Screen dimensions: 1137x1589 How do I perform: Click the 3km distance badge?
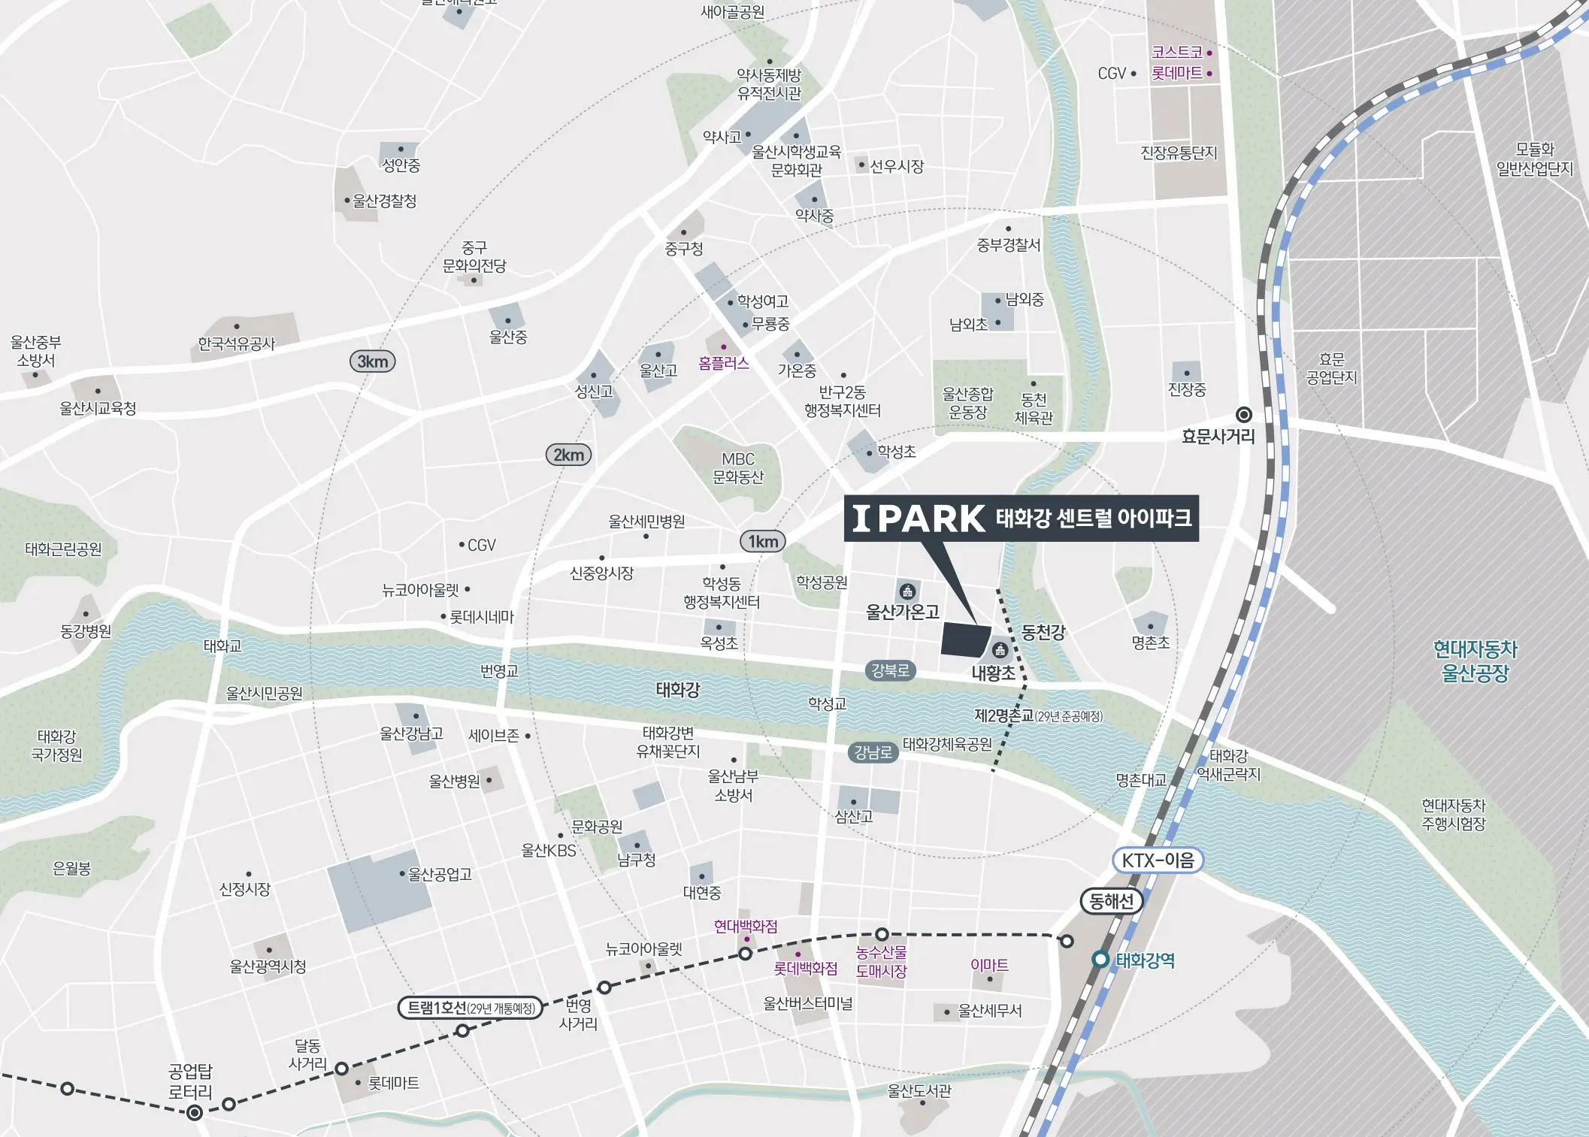(x=372, y=361)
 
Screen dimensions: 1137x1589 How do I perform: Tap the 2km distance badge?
(x=568, y=455)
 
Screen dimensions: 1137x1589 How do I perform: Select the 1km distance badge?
(x=763, y=541)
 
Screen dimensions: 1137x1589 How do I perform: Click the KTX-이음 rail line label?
(x=1158, y=860)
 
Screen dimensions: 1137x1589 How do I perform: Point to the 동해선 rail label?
(x=1111, y=901)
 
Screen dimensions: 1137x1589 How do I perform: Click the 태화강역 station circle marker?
(x=1100, y=960)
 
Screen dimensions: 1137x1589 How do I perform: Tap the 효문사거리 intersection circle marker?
(x=1244, y=415)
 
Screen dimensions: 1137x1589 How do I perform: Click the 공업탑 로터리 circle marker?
(x=195, y=1113)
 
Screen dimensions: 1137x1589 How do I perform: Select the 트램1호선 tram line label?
(x=471, y=1008)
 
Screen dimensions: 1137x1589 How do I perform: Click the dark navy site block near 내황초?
(x=965, y=640)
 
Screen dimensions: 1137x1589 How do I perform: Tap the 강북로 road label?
(x=890, y=670)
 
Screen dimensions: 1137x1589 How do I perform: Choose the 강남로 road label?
(x=873, y=752)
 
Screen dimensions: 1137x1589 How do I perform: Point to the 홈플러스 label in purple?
(x=723, y=364)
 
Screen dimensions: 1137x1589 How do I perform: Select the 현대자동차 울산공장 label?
(x=1475, y=661)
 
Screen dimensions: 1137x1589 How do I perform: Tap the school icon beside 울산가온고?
(x=907, y=591)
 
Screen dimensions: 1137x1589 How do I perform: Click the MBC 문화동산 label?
(x=737, y=467)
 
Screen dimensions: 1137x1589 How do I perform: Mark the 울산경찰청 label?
(x=384, y=201)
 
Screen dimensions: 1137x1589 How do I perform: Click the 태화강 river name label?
(x=677, y=689)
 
